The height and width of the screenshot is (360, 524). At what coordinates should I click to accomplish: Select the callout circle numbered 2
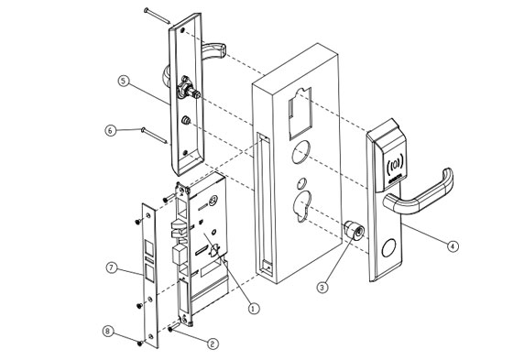(x=213, y=344)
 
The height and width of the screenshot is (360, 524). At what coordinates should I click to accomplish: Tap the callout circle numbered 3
(x=322, y=287)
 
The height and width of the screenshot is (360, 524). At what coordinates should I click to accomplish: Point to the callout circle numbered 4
(x=453, y=245)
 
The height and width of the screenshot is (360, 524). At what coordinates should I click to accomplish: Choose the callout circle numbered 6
(x=112, y=131)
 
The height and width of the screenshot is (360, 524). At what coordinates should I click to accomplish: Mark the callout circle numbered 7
(x=112, y=267)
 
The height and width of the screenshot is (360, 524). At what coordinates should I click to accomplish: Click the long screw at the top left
(x=156, y=16)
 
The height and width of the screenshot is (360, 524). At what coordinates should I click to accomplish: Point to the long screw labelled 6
(x=152, y=136)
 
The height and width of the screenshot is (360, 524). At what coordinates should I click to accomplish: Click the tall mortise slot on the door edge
(x=264, y=206)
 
